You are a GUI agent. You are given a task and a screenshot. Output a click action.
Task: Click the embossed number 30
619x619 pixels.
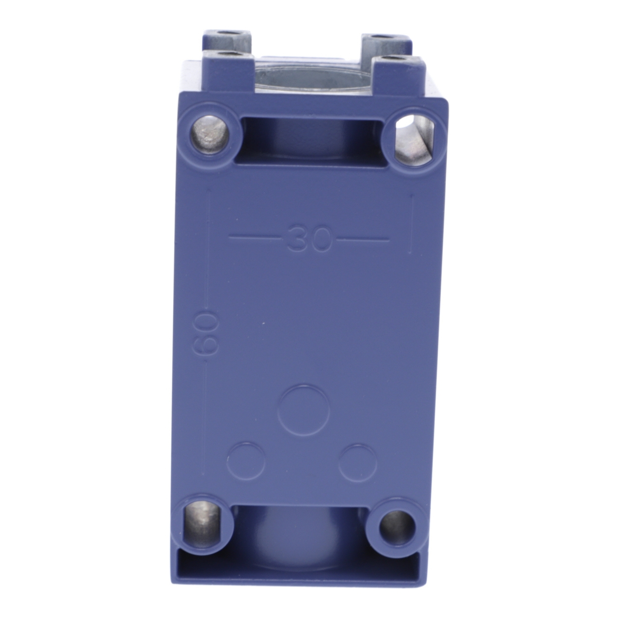tap(309, 239)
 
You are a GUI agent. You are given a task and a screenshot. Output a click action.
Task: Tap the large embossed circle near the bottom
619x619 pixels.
tap(304, 410)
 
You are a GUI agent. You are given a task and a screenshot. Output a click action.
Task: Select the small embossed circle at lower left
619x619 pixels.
tap(246, 461)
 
